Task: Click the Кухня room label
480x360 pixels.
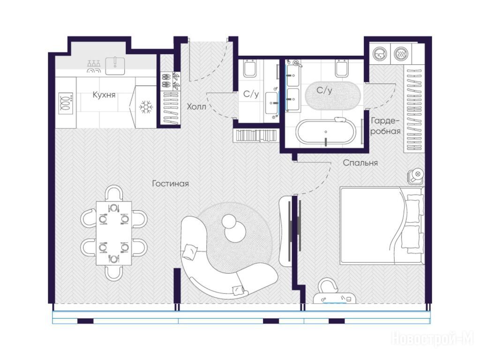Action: [x=104, y=95]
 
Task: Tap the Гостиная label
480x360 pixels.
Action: [x=171, y=184]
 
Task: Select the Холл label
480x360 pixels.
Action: [x=196, y=106]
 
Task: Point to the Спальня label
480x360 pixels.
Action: [x=360, y=163]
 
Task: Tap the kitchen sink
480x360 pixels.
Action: [x=115, y=66]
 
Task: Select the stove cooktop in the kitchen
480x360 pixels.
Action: [x=66, y=103]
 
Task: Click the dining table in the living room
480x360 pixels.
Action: [x=114, y=233]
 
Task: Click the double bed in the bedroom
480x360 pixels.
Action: [x=382, y=225]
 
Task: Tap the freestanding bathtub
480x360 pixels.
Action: [x=326, y=132]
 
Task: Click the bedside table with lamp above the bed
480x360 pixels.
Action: [x=416, y=176]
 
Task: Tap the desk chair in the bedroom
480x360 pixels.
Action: [x=327, y=285]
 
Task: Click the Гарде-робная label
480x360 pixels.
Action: [x=385, y=126]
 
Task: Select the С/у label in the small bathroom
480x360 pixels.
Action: [x=251, y=94]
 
